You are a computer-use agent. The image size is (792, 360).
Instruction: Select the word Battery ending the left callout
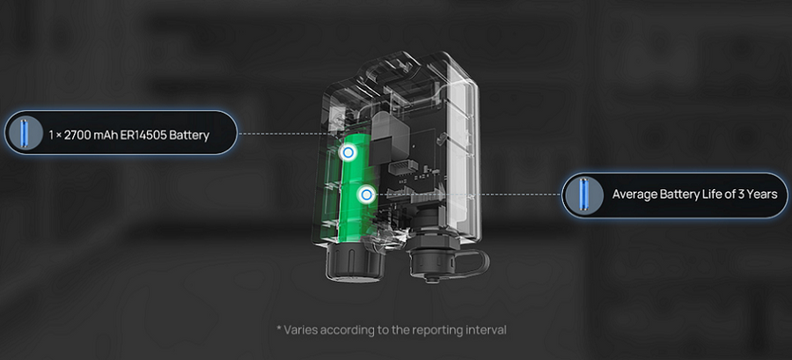(x=192, y=136)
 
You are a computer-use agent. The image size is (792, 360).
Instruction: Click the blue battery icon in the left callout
(x=23, y=133)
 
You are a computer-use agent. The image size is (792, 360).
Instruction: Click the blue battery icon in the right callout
(x=584, y=195)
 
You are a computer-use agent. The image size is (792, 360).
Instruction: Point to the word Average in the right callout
(x=631, y=195)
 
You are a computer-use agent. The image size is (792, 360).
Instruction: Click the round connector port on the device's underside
(x=433, y=261)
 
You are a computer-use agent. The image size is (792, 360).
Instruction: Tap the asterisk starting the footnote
(x=279, y=328)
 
